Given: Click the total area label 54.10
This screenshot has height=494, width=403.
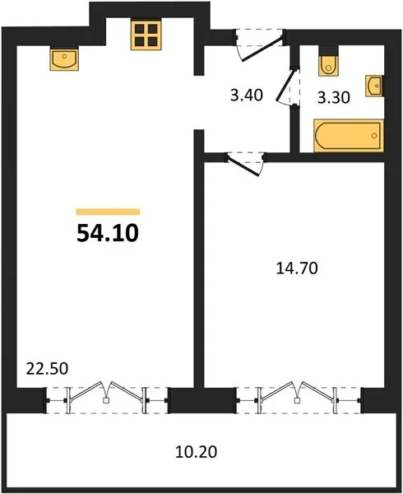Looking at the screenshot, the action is pos(108,233).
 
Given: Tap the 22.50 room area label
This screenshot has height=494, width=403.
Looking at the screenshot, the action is pos(47,368).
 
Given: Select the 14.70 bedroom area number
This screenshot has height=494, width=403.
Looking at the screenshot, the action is pos(297,268).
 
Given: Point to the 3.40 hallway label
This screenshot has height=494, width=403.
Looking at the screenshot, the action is pos(247,95).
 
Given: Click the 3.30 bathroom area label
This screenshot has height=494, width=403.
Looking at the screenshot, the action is pos(333,97).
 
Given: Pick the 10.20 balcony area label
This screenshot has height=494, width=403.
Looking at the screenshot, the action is pos(196,452).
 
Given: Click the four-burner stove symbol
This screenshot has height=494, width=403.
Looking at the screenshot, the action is pos(146,34).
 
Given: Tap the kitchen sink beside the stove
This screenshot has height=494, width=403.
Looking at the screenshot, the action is pos(64,58).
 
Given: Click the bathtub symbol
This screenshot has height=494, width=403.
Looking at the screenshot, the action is pos(349,136).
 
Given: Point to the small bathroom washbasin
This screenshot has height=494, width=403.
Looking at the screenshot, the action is pos(374,86).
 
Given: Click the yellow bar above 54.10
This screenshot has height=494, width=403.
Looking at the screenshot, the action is pos(108,212).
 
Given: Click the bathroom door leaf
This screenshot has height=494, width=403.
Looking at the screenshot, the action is pos(286,86).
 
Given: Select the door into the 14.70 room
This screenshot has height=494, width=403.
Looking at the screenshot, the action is pos(245,165).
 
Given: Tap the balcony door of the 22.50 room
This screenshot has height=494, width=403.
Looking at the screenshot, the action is pos(107,400).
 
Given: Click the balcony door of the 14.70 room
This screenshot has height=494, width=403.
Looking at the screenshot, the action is pos(299,400).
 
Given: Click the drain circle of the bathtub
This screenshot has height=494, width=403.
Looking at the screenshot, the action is pos(374,136).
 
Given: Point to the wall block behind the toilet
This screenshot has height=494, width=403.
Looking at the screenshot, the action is pos(329,50).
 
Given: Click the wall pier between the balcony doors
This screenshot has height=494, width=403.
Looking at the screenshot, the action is pos(202,400).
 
